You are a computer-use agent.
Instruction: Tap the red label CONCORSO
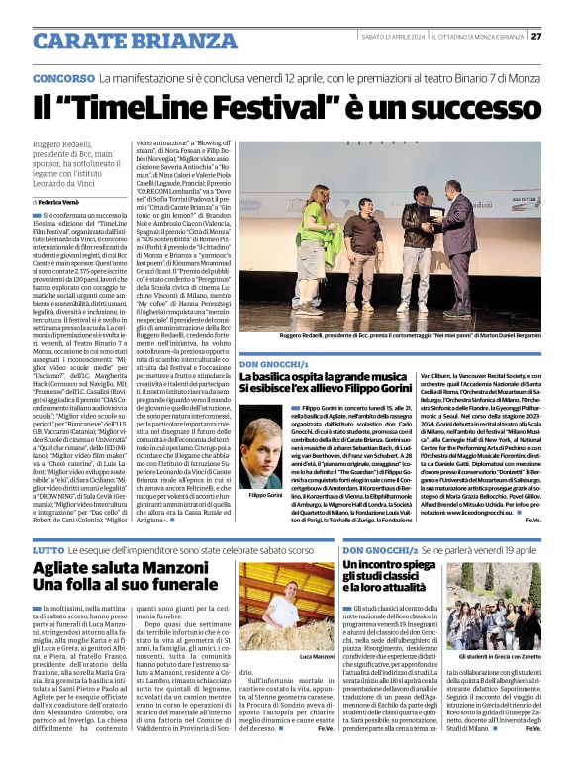click(63, 77)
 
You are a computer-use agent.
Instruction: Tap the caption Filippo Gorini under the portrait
click(266, 495)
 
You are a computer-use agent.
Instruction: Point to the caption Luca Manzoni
click(317, 657)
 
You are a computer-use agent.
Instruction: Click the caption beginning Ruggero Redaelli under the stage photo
click(397, 337)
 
